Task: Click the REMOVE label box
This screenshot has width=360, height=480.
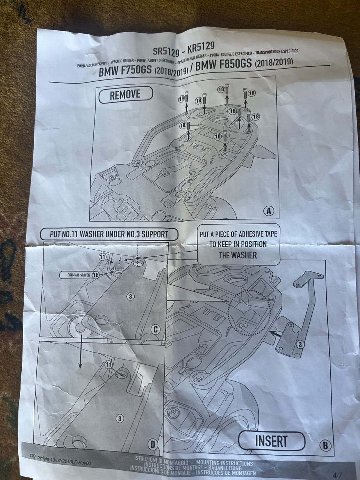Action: tap(126, 95)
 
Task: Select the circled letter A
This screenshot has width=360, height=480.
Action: tap(268, 211)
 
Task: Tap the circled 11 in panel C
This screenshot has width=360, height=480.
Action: tap(102, 257)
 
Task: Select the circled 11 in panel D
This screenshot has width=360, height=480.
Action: tap(108, 364)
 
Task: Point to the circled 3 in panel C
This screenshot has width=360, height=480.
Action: tap(130, 297)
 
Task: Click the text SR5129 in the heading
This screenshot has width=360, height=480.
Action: tap(166, 50)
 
